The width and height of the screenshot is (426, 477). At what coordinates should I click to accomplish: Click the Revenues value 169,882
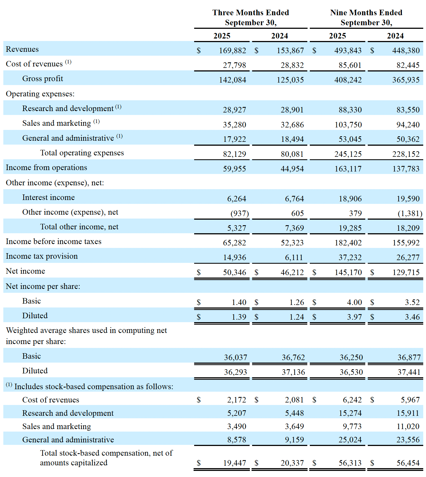[x=232, y=50]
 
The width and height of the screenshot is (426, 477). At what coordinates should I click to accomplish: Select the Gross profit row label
[x=43, y=79]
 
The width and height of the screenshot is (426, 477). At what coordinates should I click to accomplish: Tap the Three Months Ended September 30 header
[x=251, y=17]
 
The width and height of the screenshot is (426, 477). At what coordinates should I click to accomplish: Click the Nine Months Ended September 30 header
[x=366, y=17]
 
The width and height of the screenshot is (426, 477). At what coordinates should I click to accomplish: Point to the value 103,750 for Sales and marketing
[x=348, y=125]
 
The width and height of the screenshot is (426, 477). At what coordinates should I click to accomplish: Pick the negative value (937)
[x=240, y=214]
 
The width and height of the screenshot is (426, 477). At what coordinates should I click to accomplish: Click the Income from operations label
[x=46, y=168]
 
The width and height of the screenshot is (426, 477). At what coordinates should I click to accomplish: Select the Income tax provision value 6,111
[x=294, y=258]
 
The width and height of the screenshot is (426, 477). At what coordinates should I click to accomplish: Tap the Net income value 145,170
[x=348, y=273]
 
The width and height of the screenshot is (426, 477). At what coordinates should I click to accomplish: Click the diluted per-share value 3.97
[x=354, y=317]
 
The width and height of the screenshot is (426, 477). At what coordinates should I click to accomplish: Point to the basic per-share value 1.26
[x=297, y=302]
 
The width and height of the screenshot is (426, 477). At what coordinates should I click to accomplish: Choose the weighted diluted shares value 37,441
[x=409, y=372]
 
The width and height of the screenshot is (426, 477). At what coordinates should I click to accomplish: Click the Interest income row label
[x=49, y=198]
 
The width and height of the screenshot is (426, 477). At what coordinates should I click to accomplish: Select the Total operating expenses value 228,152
[x=406, y=154]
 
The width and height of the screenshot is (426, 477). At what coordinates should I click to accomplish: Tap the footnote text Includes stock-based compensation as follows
[x=94, y=387]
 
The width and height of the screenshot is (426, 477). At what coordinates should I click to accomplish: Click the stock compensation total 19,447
[x=235, y=463]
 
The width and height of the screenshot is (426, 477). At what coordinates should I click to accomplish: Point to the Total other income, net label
[x=79, y=227]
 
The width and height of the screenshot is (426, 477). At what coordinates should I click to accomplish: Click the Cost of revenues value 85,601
[x=350, y=65]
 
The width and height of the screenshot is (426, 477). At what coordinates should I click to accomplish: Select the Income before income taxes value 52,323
[x=292, y=243]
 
